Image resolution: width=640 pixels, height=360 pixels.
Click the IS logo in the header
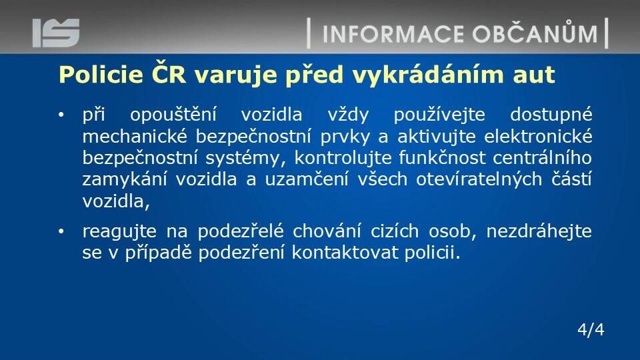(56, 33)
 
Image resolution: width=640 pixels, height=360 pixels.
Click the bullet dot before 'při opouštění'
(61, 115)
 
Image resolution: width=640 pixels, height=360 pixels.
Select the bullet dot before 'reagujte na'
(61, 232)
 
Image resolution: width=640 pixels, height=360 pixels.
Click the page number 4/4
(591, 329)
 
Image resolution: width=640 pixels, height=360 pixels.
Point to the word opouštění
(173, 115)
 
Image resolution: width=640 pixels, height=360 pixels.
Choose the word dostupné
(551, 115)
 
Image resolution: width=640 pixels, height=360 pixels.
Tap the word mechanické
(135, 136)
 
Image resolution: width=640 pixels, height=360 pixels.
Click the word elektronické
(538, 136)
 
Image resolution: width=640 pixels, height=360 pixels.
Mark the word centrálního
(542, 158)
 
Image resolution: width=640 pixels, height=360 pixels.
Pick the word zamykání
(125, 179)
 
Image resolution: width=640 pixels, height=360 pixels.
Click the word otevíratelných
(479, 179)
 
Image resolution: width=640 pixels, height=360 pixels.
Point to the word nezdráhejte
(539, 231)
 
